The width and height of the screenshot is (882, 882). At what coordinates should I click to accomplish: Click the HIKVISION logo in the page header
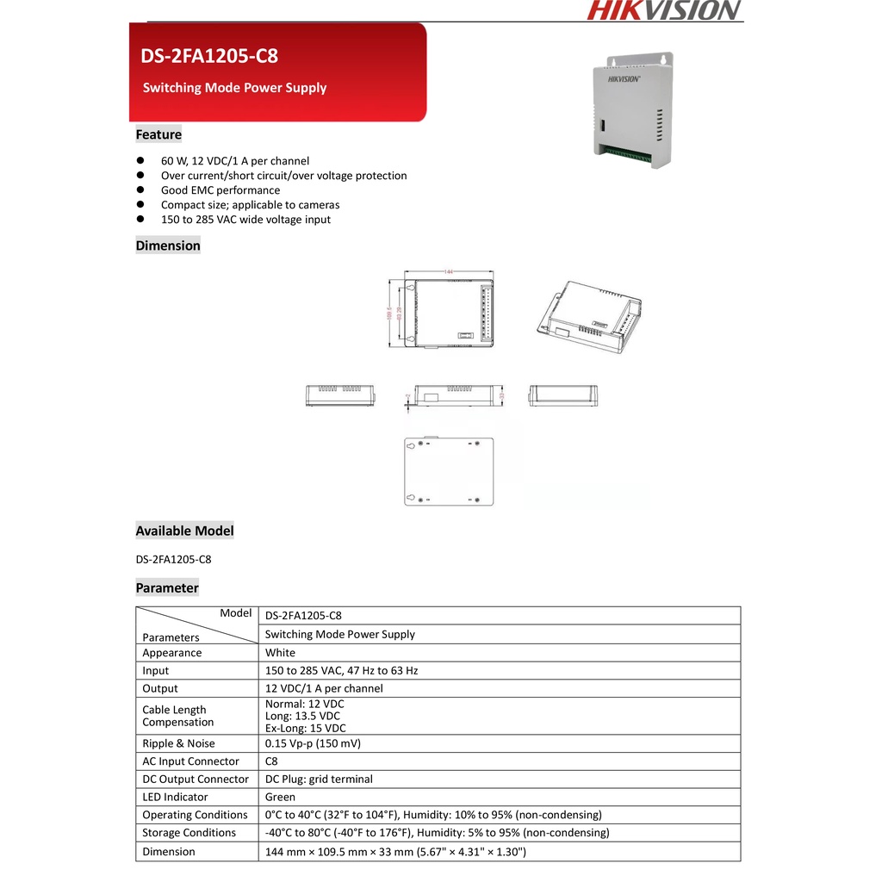664,10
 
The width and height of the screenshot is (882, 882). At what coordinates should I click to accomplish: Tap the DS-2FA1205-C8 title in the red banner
209,57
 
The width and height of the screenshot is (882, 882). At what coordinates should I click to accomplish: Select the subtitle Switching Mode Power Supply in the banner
234,88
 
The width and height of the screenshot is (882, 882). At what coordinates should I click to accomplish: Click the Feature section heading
158,134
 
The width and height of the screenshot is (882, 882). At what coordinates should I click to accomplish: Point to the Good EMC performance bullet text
220,190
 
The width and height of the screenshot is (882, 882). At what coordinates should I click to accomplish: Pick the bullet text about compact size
250,205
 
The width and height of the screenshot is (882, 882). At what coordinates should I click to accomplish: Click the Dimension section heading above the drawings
168,245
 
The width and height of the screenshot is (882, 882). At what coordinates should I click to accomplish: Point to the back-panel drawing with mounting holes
450,471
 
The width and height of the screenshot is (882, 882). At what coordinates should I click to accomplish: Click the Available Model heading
184,531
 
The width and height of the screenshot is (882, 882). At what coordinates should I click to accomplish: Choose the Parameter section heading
167,587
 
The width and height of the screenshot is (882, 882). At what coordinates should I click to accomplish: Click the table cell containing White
280,653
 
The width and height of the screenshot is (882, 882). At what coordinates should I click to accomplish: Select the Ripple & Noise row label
179,743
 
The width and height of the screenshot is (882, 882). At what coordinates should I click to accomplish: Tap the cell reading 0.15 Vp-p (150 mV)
313,743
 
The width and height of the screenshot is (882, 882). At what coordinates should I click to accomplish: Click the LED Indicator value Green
280,797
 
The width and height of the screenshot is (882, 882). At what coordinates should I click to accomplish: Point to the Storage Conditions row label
189,833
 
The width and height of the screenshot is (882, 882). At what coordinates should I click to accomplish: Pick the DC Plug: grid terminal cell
319,779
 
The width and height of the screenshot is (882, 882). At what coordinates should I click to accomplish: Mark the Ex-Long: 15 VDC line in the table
305,728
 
